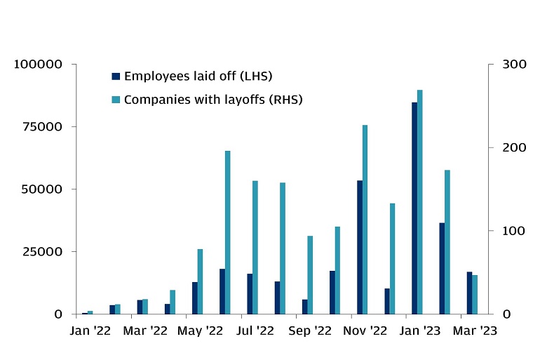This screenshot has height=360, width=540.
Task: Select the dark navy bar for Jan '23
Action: [414, 208]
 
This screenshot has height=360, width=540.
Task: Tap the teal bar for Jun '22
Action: [228, 232]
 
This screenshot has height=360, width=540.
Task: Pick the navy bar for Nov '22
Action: [360, 247]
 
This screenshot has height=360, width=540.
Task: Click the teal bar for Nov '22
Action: [365, 220]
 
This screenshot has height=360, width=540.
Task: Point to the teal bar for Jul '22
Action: [255, 247]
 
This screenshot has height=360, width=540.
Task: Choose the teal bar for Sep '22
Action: [310, 274]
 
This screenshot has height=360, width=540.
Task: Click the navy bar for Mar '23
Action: [469, 293]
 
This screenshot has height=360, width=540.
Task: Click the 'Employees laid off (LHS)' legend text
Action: [198, 76]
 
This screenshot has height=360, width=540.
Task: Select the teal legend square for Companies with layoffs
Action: [116, 100]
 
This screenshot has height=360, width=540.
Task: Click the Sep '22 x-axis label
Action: [310, 330]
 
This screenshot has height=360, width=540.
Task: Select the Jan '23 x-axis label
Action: [419, 330]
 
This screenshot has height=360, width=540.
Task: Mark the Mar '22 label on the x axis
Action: [145, 330]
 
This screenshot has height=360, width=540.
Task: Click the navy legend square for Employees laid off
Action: [116, 76]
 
